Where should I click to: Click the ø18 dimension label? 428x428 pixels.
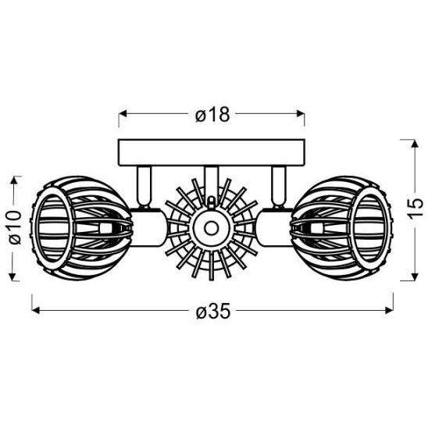pyautogui.click(x=213, y=115)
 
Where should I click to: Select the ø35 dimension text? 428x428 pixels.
pyautogui.click(x=212, y=312)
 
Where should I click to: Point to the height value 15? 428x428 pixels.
pyautogui.click(x=416, y=209)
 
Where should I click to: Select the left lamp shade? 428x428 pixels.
pyautogui.click(x=78, y=228)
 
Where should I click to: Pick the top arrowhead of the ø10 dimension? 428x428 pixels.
pyautogui.click(x=13, y=180)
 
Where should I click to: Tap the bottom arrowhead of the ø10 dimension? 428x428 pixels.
pyautogui.click(x=13, y=277)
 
